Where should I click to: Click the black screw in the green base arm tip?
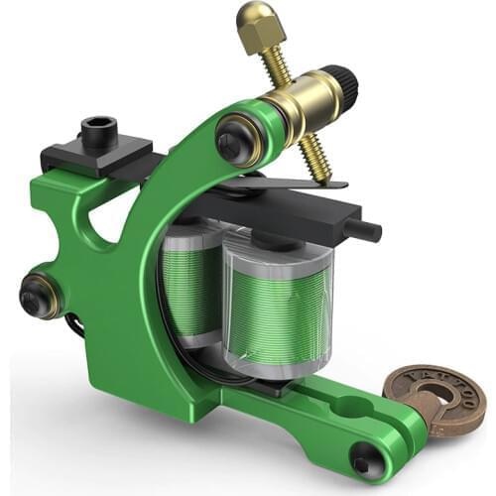(x=366, y=458)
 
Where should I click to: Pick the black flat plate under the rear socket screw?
(x=94, y=159)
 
